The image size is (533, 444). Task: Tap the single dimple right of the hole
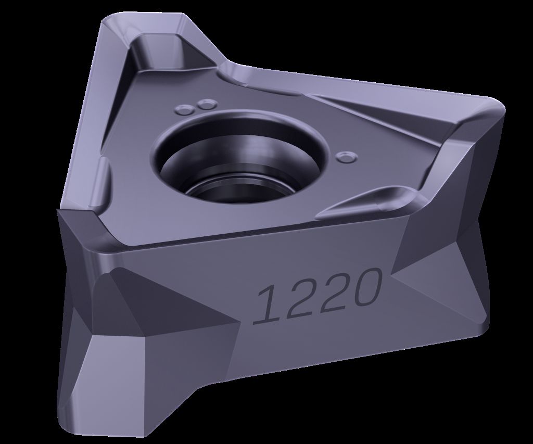tap(346, 157)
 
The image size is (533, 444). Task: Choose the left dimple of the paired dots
tap(184, 110)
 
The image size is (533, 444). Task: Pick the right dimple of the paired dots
tap(206, 104)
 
